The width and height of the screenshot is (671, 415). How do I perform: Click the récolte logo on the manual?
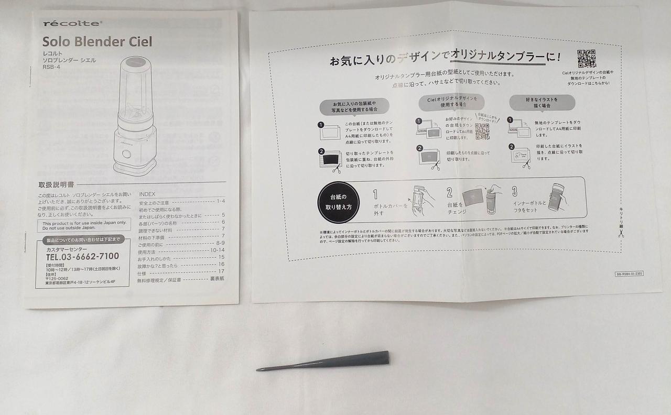[x=72, y=23]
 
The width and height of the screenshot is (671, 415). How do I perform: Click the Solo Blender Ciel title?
[x=98, y=41]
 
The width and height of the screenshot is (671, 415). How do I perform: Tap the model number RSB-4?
[x=51, y=74]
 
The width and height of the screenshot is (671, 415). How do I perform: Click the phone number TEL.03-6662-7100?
[x=82, y=256]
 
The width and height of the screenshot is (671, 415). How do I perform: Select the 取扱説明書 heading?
[x=56, y=185]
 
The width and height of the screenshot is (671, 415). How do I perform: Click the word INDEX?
[x=147, y=194]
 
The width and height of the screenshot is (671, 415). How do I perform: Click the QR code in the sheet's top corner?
[x=587, y=59]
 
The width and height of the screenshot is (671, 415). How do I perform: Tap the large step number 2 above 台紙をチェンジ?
[x=449, y=193]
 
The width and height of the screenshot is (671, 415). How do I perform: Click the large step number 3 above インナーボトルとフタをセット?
[x=515, y=192]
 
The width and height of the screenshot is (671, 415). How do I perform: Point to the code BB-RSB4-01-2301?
[x=629, y=274]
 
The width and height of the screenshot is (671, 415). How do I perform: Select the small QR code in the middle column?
[x=482, y=131]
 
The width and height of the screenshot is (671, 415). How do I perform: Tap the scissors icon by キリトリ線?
[x=621, y=234]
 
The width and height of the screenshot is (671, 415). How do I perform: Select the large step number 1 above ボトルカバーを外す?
[x=375, y=194]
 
